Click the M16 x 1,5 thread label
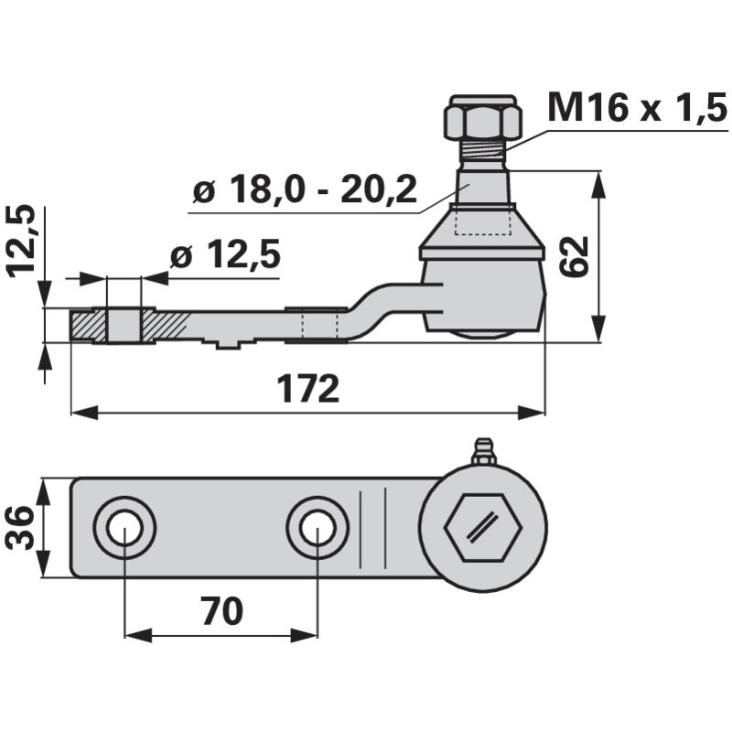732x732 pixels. [637, 107]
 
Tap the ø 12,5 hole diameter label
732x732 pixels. [225, 254]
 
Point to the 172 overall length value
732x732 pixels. [308, 388]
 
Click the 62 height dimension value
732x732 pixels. [575, 256]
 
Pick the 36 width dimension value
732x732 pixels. [19, 528]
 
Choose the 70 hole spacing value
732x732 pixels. [222, 610]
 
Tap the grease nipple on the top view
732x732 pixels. [482, 452]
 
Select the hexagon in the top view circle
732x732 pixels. [483, 528]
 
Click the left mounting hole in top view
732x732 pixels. [124, 528]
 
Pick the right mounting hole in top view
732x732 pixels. [317, 528]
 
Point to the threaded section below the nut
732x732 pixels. [483, 149]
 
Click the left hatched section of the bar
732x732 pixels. [89, 326]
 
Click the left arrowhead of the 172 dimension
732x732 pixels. [85, 413]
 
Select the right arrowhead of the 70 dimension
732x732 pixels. [304, 635]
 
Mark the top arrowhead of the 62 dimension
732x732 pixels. [598, 186]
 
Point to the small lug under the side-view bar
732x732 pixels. [227, 345]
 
